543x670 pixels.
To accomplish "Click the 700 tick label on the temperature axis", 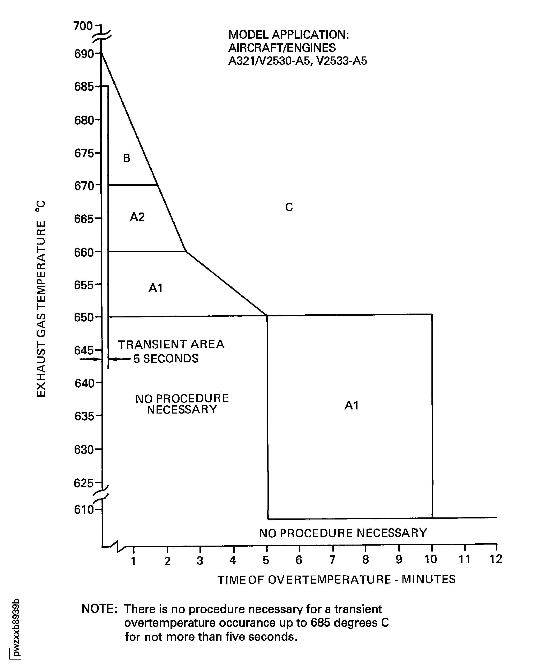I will pos(83,26).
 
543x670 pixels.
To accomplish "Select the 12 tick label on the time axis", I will pos(496,559).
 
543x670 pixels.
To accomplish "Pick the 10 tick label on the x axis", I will pos(431,559).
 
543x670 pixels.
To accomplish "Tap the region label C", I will pos(289,207).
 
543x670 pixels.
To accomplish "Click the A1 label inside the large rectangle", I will pos(351,406).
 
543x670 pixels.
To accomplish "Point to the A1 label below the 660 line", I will pos(156,288).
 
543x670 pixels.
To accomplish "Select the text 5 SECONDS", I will pos(166,359).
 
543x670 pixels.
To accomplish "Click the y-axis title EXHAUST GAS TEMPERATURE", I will pos(41,299).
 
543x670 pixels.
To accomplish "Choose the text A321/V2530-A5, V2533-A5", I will pos(297,61).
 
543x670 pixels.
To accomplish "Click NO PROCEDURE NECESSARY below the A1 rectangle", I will pos(343,533).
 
